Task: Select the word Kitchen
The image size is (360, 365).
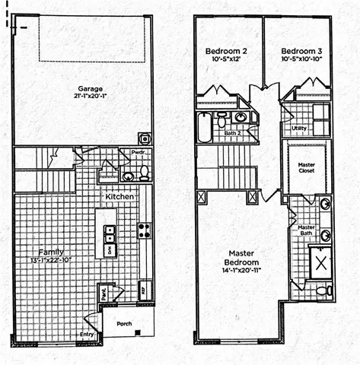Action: pyautogui.click(x=119, y=197)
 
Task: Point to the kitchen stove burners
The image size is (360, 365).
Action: pyautogui.click(x=142, y=230)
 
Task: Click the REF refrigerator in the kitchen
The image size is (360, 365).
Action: pyautogui.click(x=142, y=289)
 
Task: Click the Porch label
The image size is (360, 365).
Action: pyautogui.click(x=123, y=322)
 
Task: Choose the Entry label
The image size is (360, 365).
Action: pyautogui.click(x=88, y=334)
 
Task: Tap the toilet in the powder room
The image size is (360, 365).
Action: pyautogui.click(x=143, y=173)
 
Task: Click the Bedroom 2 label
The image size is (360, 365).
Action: pyautogui.click(x=222, y=52)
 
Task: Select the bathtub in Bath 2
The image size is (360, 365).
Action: pyautogui.click(x=204, y=128)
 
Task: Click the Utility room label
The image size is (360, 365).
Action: pyautogui.click(x=299, y=129)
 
